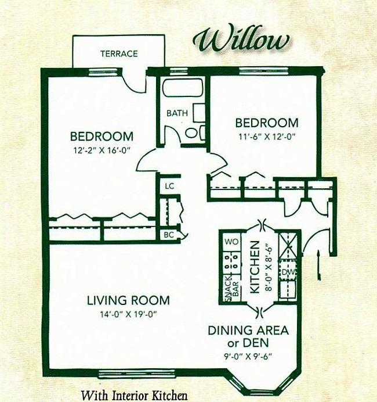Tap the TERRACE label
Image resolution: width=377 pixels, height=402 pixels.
(x=119, y=54)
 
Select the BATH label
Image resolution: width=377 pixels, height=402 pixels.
(x=177, y=113)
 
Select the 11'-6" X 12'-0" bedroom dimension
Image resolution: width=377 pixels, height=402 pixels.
(x=266, y=137)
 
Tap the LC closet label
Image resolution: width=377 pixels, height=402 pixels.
(x=169, y=186)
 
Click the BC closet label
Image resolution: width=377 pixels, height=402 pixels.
(x=169, y=235)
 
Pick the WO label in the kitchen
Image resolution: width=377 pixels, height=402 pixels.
(x=231, y=242)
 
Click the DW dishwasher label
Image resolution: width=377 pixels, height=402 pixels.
(x=288, y=272)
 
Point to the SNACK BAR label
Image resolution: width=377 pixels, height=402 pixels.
(x=231, y=289)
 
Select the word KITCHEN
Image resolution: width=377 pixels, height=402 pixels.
(x=255, y=267)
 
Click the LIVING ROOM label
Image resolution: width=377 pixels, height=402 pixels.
(x=128, y=300)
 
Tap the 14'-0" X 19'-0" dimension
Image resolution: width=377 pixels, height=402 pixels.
(x=128, y=314)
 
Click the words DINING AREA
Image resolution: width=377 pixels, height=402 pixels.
(x=248, y=331)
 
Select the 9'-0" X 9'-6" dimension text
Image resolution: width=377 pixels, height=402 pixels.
(x=248, y=357)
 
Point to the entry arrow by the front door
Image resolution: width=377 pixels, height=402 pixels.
(x=319, y=264)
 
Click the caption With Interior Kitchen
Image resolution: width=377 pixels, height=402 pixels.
(x=135, y=395)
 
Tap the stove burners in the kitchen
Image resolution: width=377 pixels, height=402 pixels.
(x=231, y=262)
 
